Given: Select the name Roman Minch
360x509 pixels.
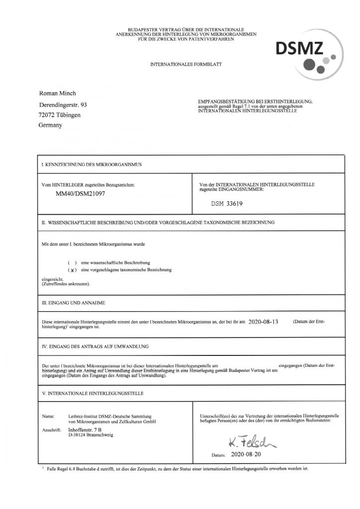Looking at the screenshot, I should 58,94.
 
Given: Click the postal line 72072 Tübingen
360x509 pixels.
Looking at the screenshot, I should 59,115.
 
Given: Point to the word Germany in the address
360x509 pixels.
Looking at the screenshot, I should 50,125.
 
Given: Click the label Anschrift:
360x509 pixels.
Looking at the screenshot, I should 52,428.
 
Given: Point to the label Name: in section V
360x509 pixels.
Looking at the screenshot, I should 48,415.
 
